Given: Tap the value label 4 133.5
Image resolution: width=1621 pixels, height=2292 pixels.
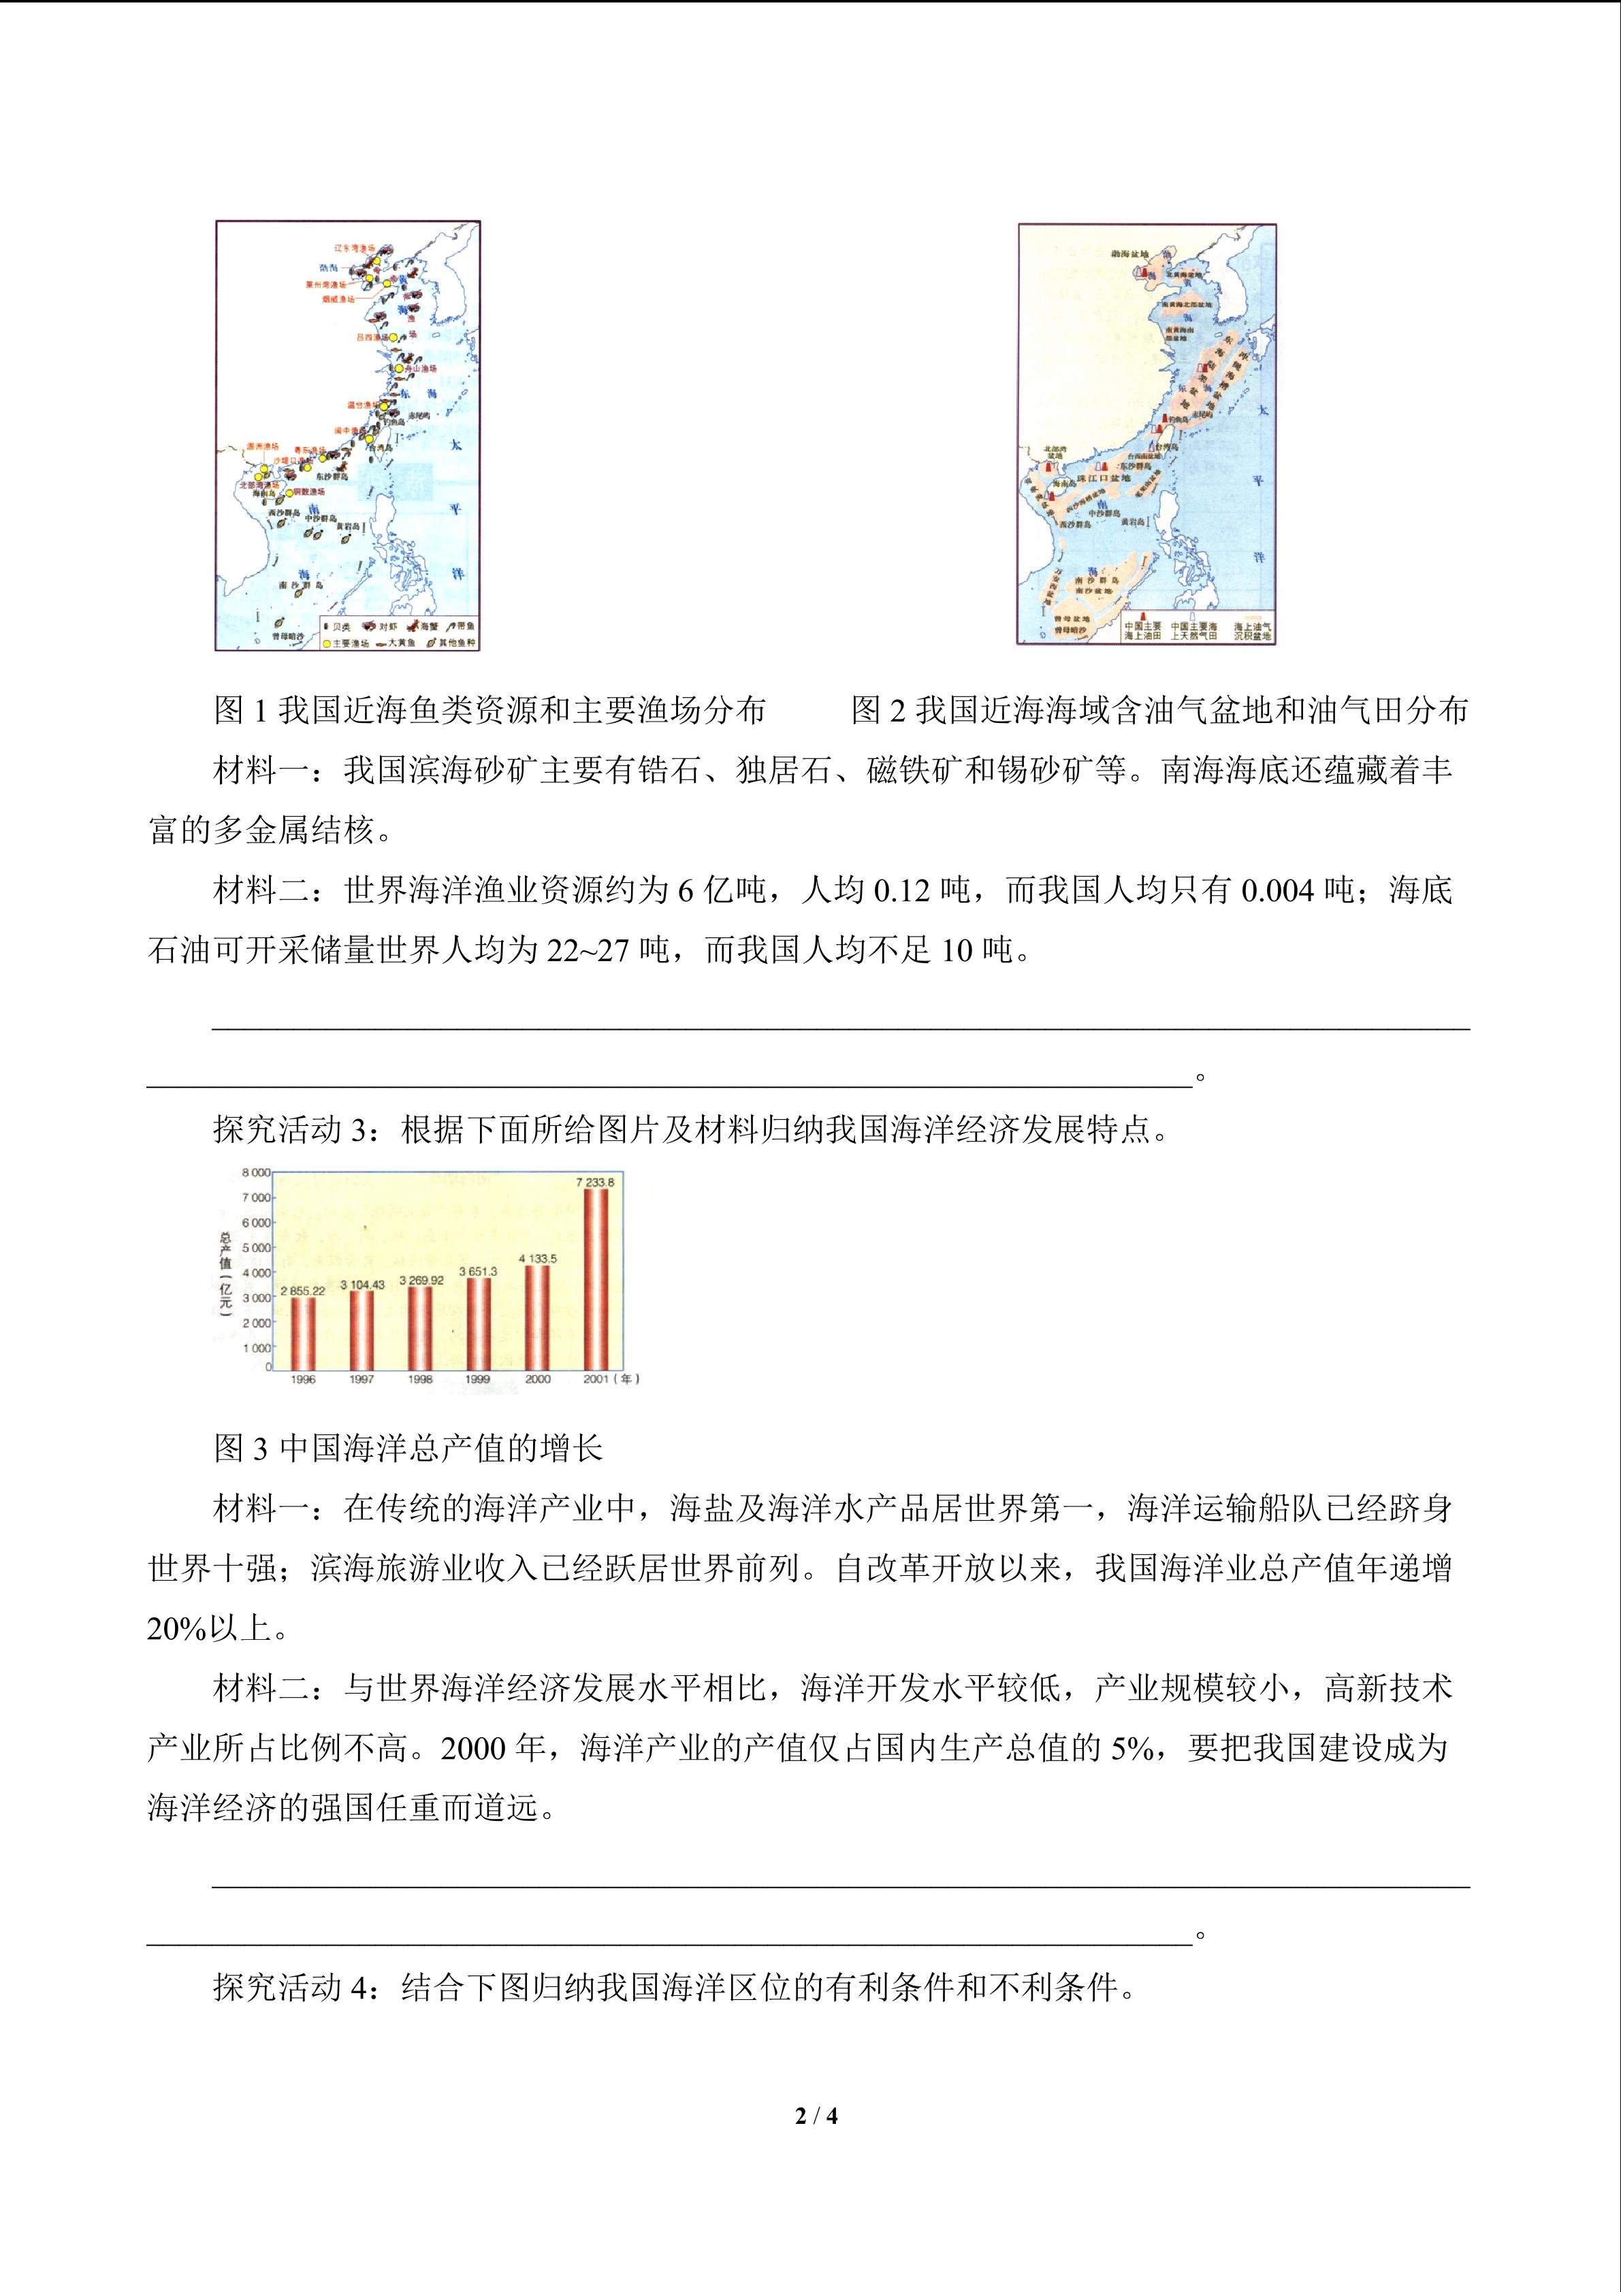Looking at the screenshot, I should (x=538, y=1259).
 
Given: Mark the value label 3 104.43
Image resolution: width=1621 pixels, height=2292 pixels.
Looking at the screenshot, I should (x=362, y=1285).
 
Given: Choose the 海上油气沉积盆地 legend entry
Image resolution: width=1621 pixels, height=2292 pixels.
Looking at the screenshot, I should (x=1252, y=631).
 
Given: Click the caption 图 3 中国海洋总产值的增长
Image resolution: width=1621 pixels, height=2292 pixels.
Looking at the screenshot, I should (x=408, y=1447).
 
